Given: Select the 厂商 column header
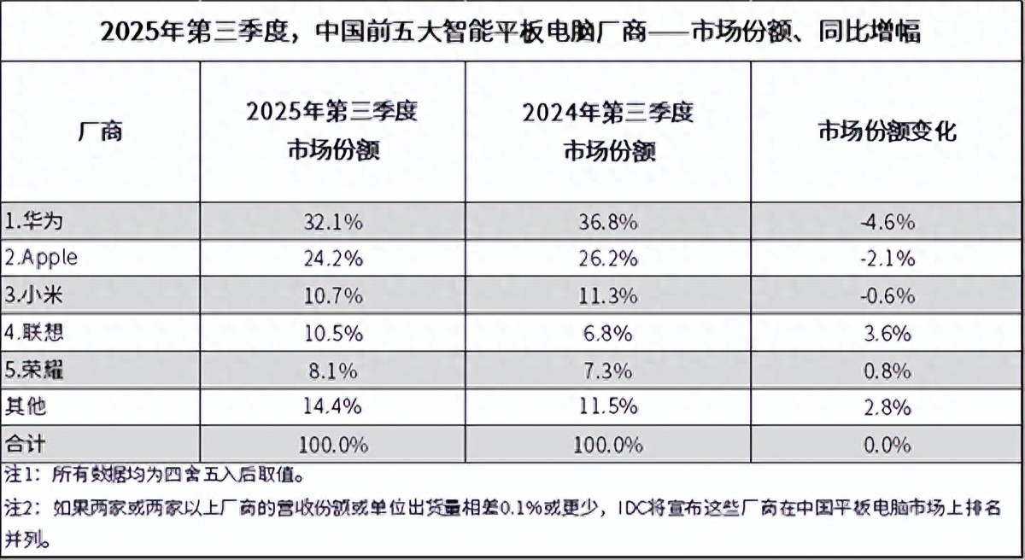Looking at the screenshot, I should pos(100,132).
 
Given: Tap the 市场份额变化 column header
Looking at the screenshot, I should pos(887,132).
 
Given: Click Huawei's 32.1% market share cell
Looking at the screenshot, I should pos(332,222).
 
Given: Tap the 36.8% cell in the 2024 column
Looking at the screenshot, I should pos(607,222).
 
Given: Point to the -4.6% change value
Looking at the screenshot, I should pos(887,222).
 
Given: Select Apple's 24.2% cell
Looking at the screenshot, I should pos(332,259).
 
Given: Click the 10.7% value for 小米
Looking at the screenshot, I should pos(332,296).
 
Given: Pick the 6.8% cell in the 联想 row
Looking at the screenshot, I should pos(607,333).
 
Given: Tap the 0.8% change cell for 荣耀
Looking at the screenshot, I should pos(887,370).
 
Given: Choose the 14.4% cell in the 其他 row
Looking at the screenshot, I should pos(332,407).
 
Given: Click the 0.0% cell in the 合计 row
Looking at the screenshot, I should pos(887,444).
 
